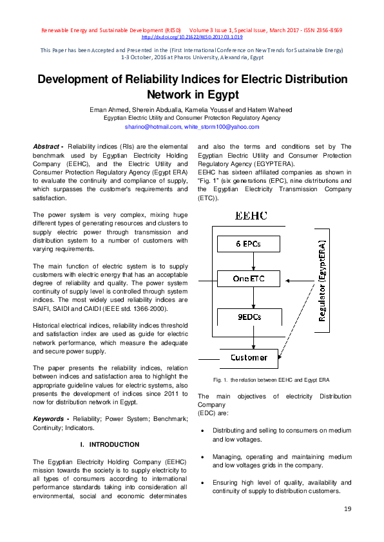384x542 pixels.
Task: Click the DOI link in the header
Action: tap(191, 37)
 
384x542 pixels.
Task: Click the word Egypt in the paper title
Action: tap(193, 94)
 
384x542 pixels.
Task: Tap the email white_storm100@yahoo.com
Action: tap(221, 127)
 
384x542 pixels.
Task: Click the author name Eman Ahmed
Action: tap(108, 110)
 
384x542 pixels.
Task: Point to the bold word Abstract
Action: tap(47, 147)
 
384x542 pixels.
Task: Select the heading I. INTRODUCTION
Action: tap(110, 445)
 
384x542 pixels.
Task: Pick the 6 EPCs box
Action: tap(248, 244)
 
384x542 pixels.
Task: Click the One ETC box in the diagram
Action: tap(248, 279)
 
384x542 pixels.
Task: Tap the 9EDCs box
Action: tap(248, 317)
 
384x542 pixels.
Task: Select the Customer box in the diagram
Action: tap(249, 357)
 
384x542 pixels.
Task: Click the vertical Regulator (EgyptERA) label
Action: tap(322, 281)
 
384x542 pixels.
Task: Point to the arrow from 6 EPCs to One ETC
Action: tap(248, 261)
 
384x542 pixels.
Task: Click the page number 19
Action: tap(347, 510)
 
